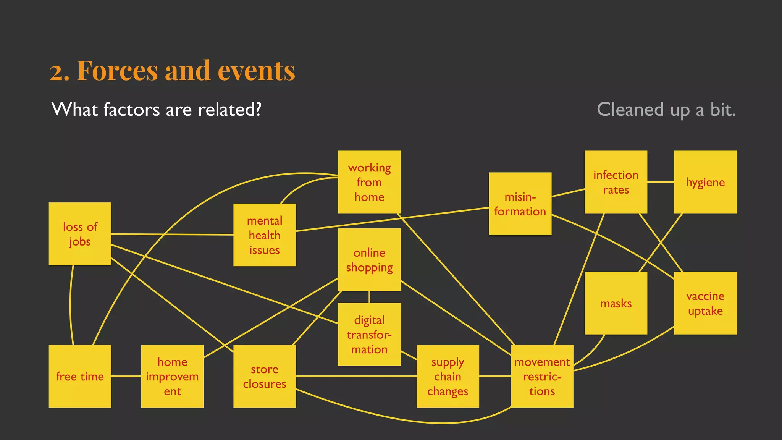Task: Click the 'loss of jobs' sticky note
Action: [x=80, y=234]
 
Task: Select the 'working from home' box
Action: [x=369, y=182]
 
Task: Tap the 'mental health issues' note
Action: [x=265, y=235]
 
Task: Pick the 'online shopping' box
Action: [x=369, y=260]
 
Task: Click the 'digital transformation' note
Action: [x=369, y=334]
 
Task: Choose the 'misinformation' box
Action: [x=520, y=204]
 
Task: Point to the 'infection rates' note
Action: [x=616, y=182]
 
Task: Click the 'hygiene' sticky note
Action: [x=705, y=182]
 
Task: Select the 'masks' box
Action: [x=616, y=303]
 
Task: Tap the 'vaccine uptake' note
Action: [x=705, y=303]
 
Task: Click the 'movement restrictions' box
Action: [x=542, y=376]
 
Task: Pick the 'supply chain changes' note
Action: [x=448, y=376]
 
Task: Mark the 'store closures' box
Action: [x=265, y=376]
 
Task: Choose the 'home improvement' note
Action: [x=172, y=376]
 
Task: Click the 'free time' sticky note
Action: [x=80, y=376]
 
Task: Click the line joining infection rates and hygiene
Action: [x=661, y=182]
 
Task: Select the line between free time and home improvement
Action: [x=126, y=376]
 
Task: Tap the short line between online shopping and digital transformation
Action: [x=369, y=297]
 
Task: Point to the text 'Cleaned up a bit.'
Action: [x=666, y=110]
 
